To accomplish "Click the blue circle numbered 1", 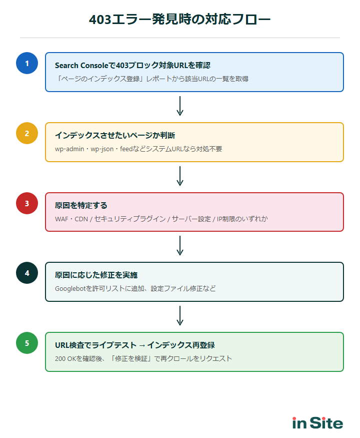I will (x=27, y=63).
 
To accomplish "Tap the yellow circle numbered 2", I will (x=27, y=133).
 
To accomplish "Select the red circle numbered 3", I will (x=27, y=203).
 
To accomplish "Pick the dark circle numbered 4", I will (x=27, y=273).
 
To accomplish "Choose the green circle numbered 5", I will (x=27, y=343).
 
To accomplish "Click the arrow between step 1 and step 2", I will (x=180, y=106).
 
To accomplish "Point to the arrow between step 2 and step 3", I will (x=180, y=176).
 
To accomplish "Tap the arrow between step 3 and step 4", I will (x=180, y=246).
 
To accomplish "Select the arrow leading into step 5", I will (x=180, y=316).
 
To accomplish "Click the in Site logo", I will (x=317, y=423).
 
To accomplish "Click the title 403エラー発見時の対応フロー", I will (x=180, y=20).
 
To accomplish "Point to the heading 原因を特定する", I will (x=81, y=205).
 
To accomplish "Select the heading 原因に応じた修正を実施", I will (x=96, y=275).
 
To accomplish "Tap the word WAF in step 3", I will (x=62, y=219).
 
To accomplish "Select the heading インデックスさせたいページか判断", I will (x=115, y=136).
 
